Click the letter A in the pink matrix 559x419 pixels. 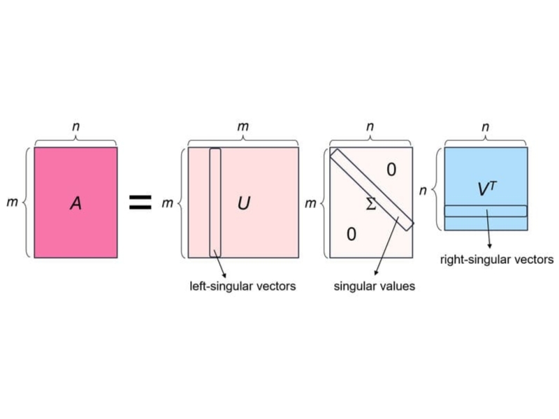(76, 203)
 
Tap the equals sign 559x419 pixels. (140, 202)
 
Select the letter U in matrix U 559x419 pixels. (244, 203)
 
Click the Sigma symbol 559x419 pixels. (371, 204)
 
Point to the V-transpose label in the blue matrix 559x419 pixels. (486, 189)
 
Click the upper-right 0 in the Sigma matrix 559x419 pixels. (391, 170)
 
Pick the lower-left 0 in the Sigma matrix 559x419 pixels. (351, 235)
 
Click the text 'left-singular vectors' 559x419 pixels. (242, 286)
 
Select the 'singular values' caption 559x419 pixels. (375, 286)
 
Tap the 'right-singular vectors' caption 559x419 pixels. (497, 259)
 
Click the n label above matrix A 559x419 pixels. (76, 126)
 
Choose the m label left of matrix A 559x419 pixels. (12, 202)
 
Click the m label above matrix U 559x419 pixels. (243, 126)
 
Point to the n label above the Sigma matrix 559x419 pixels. (370, 126)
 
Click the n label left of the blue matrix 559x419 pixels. (423, 191)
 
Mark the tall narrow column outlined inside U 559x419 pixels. (215, 203)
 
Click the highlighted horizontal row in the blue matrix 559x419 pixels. (486, 211)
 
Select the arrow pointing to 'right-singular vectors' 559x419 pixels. (488, 229)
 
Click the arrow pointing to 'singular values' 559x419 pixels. (386, 247)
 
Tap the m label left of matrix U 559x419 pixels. (168, 203)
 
